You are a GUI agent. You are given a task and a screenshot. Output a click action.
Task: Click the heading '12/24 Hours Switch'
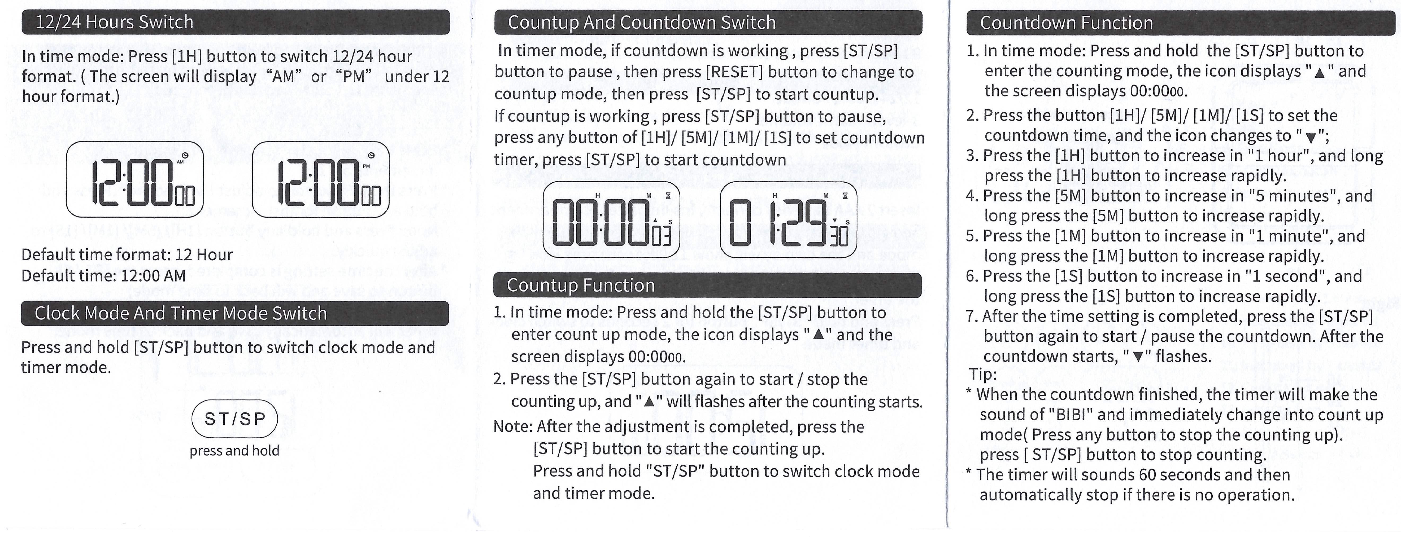pyautogui.click(x=114, y=22)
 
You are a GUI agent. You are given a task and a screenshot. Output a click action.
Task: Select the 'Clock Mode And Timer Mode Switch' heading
pyautogui.click(x=181, y=314)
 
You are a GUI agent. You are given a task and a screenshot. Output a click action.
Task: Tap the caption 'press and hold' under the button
pyautogui.click(x=234, y=451)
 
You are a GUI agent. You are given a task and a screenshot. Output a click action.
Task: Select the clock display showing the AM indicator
pyautogui.click(x=135, y=179)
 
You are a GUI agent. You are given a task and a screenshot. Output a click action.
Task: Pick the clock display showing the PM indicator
pyautogui.click(x=321, y=179)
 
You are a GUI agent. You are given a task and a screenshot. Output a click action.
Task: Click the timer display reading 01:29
pyautogui.click(x=788, y=220)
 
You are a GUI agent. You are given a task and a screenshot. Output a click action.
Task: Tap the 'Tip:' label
pyautogui.click(x=983, y=375)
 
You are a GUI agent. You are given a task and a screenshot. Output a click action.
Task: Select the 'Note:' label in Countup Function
pyautogui.click(x=512, y=427)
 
